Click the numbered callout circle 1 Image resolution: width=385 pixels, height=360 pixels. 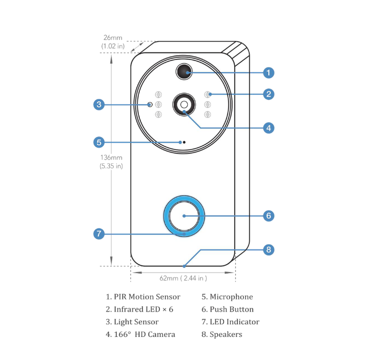268,72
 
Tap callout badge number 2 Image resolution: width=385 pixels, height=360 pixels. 268,94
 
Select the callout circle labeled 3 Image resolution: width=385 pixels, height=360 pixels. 99,104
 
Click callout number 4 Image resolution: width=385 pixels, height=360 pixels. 268,127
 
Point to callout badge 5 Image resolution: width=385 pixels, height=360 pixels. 99,142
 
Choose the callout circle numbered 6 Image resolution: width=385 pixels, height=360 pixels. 268,216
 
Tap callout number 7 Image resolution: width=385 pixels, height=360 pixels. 99,234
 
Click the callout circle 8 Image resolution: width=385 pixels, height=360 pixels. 268,249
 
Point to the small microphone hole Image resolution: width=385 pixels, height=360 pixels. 184,142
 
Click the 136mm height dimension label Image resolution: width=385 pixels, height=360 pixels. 112,162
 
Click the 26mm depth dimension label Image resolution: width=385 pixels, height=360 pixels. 113,42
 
